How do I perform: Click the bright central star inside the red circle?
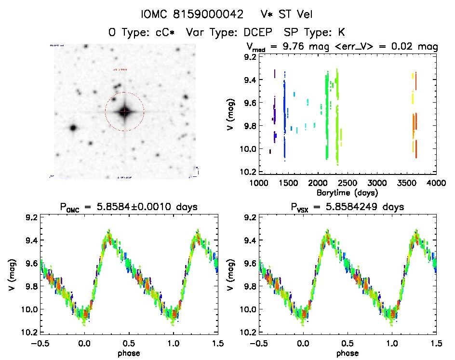(x=124, y=112)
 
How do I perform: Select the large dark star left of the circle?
(x=73, y=128)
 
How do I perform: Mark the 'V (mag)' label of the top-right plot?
(x=233, y=115)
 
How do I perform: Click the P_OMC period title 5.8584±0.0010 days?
(x=129, y=207)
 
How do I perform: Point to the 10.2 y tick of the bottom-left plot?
(x=31, y=333)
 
